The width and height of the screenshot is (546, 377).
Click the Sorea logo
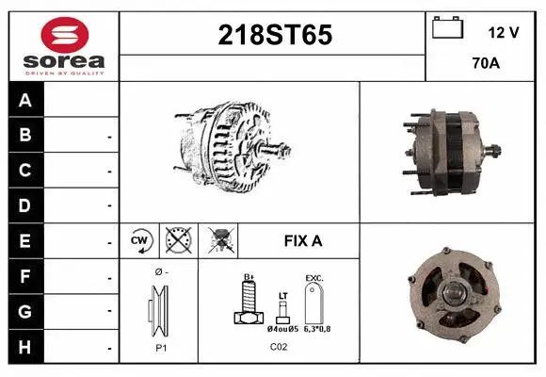coord(63,45)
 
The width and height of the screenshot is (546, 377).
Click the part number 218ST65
coord(274,36)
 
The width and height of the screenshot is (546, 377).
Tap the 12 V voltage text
coord(504,32)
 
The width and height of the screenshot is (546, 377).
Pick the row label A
coord(25,101)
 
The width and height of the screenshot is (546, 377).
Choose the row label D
coord(25,205)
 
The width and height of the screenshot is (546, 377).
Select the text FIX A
coord(303,240)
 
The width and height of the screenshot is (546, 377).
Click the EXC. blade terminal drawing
coord(313,303)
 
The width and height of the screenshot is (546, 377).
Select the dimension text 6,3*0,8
coord(315,329)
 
